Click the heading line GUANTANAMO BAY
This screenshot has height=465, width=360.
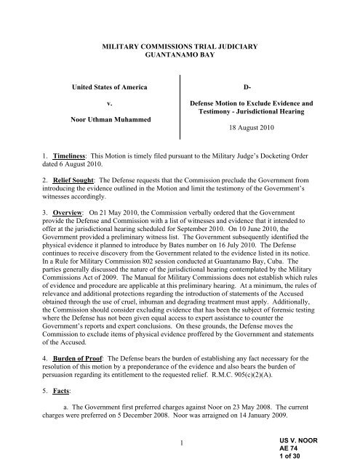coord(180,54)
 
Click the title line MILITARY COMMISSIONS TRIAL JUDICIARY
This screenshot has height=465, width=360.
coord(180,45)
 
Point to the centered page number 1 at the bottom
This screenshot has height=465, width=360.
coord(180,443)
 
